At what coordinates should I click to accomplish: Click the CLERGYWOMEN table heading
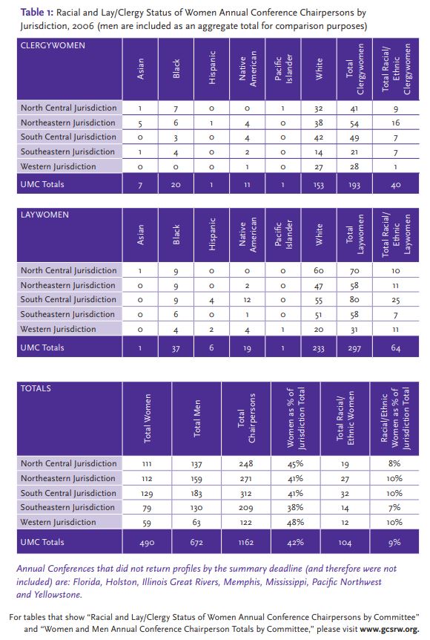(53, 45)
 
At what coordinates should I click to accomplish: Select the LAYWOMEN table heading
(44, 215)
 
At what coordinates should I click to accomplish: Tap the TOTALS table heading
(36, 388)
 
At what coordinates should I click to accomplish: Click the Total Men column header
(197, 418)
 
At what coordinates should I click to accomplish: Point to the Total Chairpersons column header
(246, 418)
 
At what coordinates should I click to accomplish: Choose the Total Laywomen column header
(354, 235)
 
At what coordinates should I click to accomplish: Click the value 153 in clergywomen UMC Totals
(319, 185)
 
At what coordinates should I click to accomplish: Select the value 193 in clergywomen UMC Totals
(354, 185)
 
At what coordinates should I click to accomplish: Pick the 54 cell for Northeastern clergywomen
(354, 123)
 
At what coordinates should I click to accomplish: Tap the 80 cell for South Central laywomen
(354, 300)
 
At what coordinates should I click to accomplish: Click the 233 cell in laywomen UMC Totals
(319, 348)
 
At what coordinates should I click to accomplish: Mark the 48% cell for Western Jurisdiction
(295, 522)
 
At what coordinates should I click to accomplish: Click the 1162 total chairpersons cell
(246, 543)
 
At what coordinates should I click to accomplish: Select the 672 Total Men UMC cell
(196, 543)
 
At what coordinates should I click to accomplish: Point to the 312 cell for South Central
(246, 494)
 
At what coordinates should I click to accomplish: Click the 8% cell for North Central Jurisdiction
(394, 464)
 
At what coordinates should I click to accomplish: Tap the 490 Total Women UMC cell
(147, 543)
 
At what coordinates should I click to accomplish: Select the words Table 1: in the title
(36, 12)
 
